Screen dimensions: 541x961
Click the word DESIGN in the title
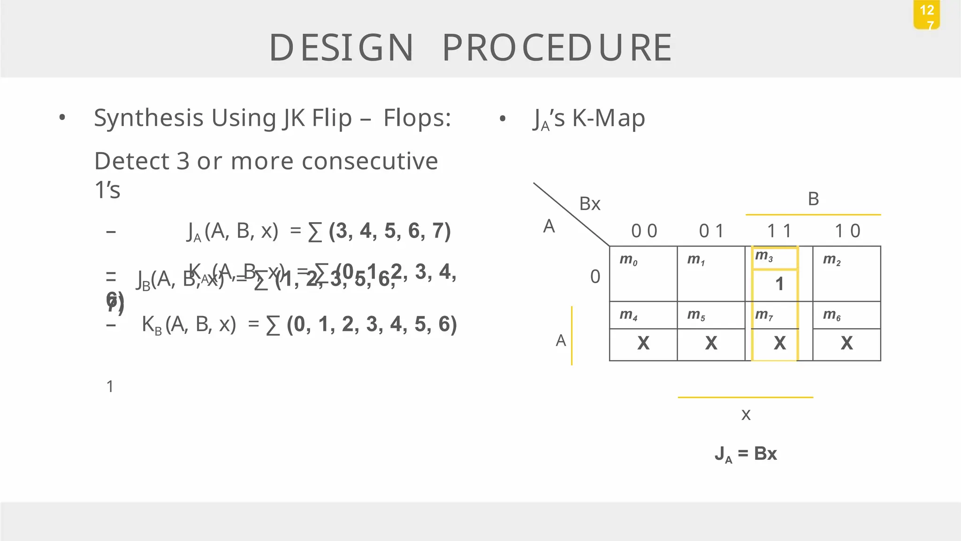click(341, 47)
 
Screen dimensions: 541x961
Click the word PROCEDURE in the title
click(557, 47)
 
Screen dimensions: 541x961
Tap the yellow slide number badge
click(926, 15)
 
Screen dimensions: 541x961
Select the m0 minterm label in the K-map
click(628, 259)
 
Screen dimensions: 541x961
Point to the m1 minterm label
click(696, 259)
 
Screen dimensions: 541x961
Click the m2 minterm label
click(831, 259)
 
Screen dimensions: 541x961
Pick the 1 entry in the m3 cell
click(779, 284)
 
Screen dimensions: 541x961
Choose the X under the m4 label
click(643, 343)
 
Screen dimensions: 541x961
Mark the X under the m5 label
click(711, 343)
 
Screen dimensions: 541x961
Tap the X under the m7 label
click(779, 343)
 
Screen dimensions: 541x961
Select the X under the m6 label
click(847, 343)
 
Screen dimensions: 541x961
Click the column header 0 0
click(644, 231)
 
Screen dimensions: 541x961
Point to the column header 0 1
click(711, 231)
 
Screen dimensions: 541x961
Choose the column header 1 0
click(847, 231)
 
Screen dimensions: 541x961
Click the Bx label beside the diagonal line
click(590, 204)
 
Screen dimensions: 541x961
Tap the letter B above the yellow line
click(813, 199)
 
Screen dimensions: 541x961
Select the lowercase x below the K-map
click(746, 415)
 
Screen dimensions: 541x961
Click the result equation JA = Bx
click(746, 454)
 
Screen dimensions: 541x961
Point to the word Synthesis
click(149, 118)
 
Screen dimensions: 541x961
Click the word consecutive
click(370, 161)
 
